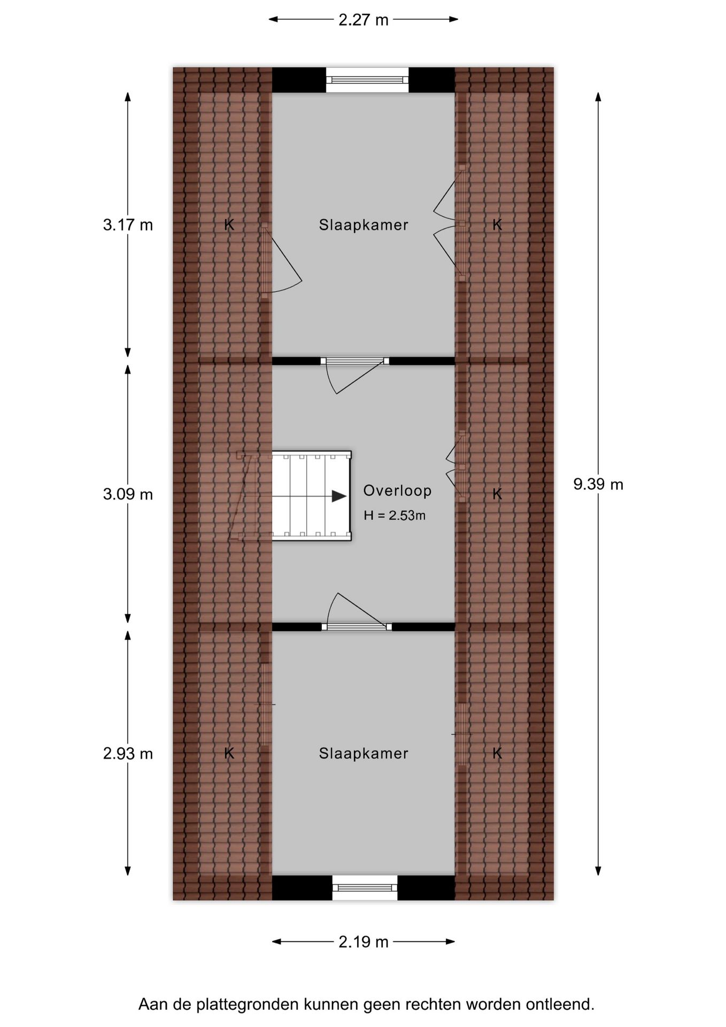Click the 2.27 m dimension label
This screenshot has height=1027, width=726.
[x=363, y=20]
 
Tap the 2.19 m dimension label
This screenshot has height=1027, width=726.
[x=363, y=941]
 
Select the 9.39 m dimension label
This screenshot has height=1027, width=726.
[x=598, y=484]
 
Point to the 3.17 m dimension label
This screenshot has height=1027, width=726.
[x=128, y=225]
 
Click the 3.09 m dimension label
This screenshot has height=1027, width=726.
[x=128, y=494]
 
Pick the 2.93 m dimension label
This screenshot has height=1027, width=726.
[x=128, y=754]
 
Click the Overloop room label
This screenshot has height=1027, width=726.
[x=397, y=490]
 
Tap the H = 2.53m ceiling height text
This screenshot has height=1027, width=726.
[x=395, y=515]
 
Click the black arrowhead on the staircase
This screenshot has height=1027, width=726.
[x=339, y=496]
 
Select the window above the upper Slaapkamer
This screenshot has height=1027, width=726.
[x=367, y=80]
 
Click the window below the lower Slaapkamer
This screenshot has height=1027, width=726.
[x=365, y=888]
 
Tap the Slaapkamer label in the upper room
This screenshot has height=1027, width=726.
[x=364, y=225]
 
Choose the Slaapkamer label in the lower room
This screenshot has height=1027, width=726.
[x=364, y=753]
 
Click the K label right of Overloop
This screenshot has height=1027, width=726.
[x=497, y=494]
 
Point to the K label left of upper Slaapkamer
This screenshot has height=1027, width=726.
[x=229, y=225]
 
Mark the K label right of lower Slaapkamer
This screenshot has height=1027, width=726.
[x=497, y=753]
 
